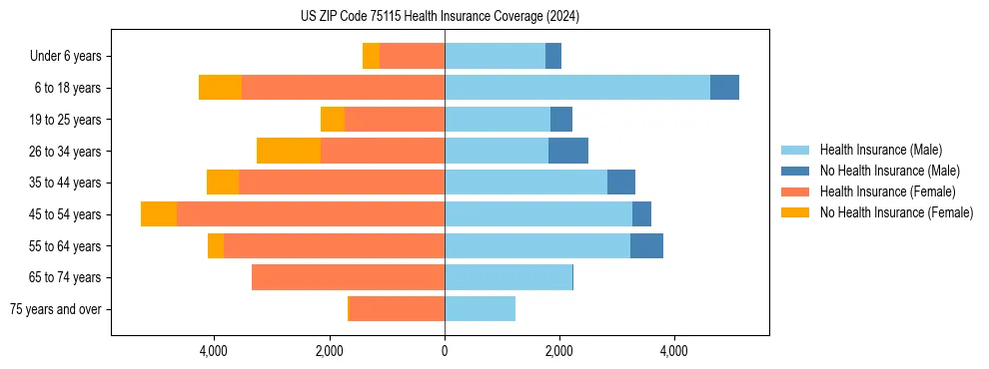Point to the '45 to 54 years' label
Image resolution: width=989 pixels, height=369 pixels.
(65, 214)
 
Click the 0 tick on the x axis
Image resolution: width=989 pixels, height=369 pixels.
(445, 351)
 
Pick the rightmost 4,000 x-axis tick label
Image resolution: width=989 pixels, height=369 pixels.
(673, 351)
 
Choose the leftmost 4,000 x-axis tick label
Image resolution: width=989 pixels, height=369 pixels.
(215, 351)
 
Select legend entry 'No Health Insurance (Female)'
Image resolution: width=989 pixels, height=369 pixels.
(896, 212)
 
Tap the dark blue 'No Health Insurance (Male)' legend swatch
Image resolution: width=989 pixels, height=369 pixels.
(796, 171)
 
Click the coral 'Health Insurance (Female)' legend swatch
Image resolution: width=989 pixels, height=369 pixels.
(796, 191)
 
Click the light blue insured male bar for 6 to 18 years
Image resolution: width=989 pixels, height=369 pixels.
(577, 88)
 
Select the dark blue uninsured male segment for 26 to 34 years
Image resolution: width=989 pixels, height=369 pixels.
(568, 151)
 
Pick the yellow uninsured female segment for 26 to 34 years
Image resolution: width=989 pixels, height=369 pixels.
(289, 151)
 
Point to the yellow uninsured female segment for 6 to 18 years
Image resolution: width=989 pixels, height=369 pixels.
(220, 88)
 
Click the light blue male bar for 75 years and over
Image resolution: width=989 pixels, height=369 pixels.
(480, 309)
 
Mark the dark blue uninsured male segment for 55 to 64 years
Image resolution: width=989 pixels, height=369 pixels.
(646, 245)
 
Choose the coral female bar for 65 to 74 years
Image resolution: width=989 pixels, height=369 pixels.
(348, 277)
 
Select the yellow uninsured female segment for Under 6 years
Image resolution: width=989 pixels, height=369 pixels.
(371, 56)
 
